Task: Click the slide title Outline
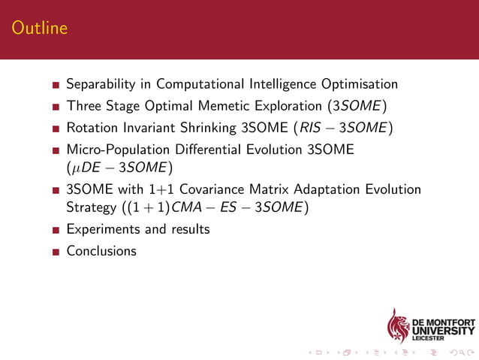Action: (40, 29)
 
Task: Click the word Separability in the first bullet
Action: (101, 83)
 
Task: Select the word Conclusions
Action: (101, 251)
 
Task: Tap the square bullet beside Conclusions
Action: (56, 252)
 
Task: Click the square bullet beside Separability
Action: (56, 84)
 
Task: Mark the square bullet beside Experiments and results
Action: (56, 230)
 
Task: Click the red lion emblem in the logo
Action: (398, 325)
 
